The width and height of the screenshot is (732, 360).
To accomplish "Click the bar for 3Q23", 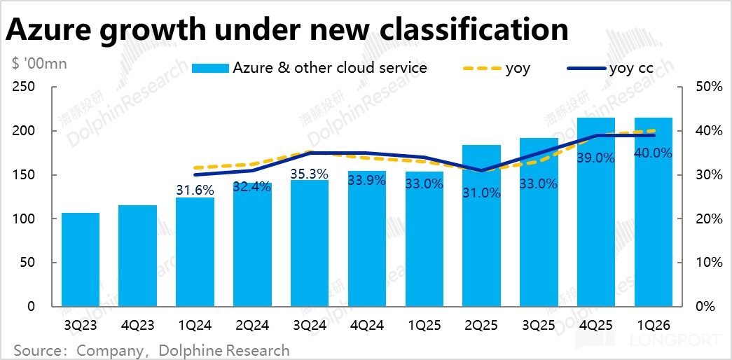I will pos(80,260).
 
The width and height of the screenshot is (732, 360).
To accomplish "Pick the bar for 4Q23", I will pos(137,256).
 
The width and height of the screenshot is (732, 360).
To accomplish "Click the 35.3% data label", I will pos(310,174).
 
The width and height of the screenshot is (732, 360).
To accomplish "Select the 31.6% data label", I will pos(195,188).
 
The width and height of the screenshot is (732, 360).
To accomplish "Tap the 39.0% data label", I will pos(596,158).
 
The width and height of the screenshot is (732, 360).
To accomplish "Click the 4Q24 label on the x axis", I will pos(367,326).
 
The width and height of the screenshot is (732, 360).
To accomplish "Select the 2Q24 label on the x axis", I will pos(252,326).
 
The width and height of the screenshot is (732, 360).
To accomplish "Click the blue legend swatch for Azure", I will pos(210,68).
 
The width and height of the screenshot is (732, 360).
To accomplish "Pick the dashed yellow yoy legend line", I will pos(483,68).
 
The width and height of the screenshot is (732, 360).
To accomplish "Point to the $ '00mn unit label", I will pos(39,64).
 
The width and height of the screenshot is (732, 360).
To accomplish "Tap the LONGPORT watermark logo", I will pos(648,341).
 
